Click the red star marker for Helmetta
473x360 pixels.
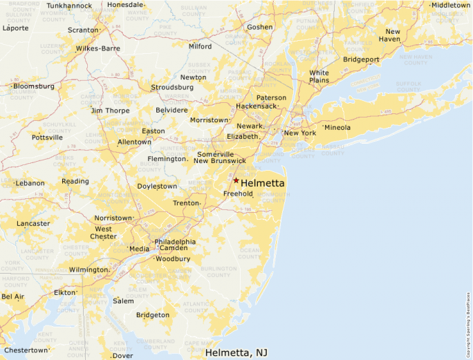(x=236, y=180)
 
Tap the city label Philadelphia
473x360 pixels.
(x=175, y=242)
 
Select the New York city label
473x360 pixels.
(x=300, y=133)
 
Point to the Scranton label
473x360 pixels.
(x=83, y=30)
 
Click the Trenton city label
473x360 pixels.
(x=185, y=203)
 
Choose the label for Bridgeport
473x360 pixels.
(x=361, y=59)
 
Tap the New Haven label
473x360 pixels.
(x=393, y=35)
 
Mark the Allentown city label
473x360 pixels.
(x=134, y=142)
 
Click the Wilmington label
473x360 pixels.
(x=89, y=269)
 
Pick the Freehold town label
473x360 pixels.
(x=238, y=194)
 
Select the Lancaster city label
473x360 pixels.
(x=33, y=223)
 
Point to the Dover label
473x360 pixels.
(x=122, y=356)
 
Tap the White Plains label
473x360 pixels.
(x=319, y=76)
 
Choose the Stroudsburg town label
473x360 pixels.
(x=172, y=88)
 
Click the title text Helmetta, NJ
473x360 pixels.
(x=236, y=352)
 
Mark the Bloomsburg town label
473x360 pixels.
(x=34, y=86)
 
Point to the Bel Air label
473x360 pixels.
(x=12, y=296)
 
